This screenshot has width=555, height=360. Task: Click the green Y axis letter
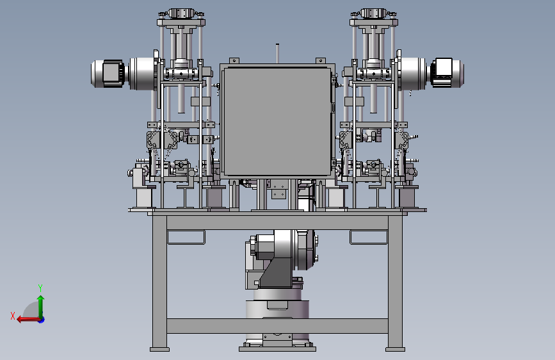tap(40, 288)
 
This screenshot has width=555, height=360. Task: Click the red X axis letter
tap(13, 316)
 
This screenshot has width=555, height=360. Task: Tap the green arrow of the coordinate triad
tap(41, 306)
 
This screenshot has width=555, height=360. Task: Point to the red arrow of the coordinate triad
tap(28, 320)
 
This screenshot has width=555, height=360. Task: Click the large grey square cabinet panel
tap(278, 121)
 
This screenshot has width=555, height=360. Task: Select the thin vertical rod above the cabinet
tap(278, 54)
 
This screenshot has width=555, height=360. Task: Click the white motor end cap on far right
tap(442, 72)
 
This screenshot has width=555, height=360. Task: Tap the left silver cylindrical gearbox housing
tap(143, 74)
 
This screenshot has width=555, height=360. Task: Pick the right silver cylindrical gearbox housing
tap(412, 74)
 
